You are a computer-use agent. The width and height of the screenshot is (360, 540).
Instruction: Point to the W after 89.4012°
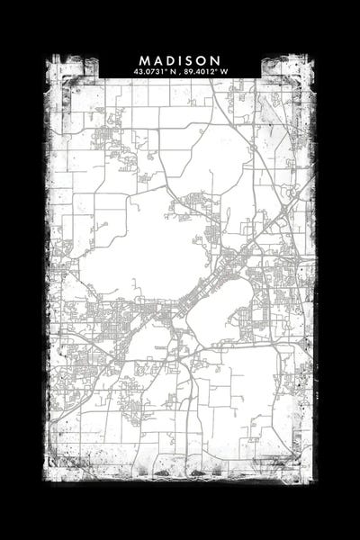click(x=225, y=70)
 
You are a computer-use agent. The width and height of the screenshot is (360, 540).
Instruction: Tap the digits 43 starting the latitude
click(x=137, y=70)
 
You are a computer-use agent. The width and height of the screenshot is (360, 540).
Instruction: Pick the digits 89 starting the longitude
click(x=191, y=70)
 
